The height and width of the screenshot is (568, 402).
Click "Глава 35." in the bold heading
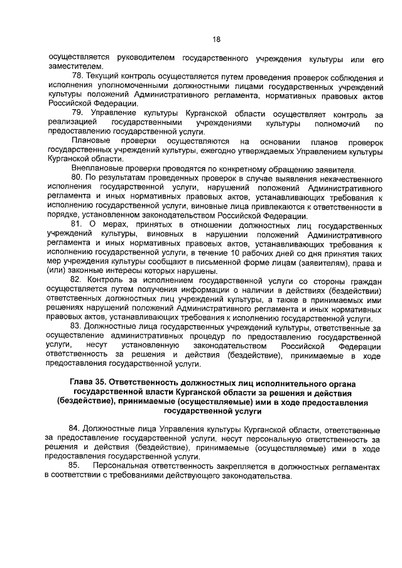click(90, 382)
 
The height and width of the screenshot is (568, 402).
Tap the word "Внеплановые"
click(99, 169)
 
